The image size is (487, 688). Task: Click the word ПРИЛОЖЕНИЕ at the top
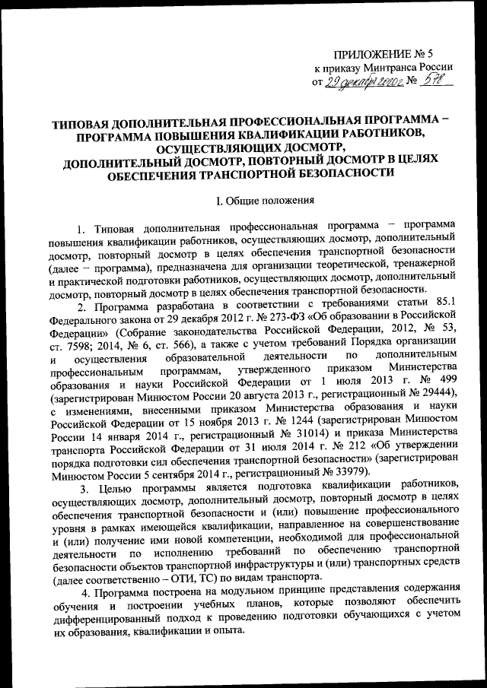click(x=365, y=53)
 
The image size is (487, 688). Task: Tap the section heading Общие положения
click(x=271, y=201)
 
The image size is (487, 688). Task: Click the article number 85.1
click(x=445, y=306)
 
